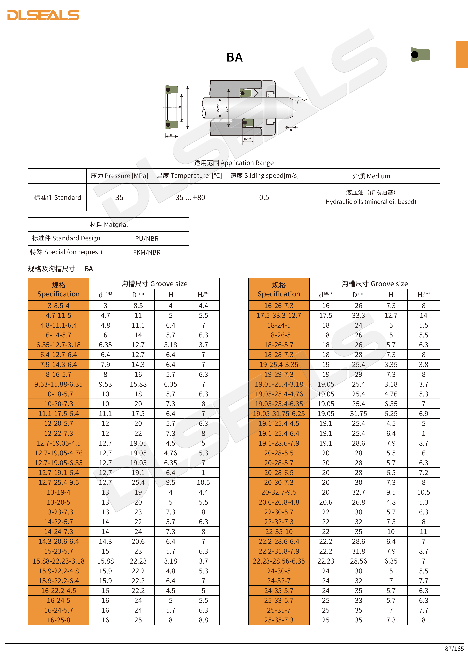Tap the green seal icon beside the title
click(420, 55)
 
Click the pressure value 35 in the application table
click(119, 198)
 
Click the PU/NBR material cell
click(147, 239)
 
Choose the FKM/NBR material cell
click(147, 252)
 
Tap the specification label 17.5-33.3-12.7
click(279, 315)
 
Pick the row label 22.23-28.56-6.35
click(279, 561)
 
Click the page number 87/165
click(454, 648)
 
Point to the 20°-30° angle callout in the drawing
click(303, 100)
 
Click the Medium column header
click(371, 176)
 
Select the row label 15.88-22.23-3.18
click(59, 561)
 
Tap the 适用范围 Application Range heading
click(234, 163)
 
